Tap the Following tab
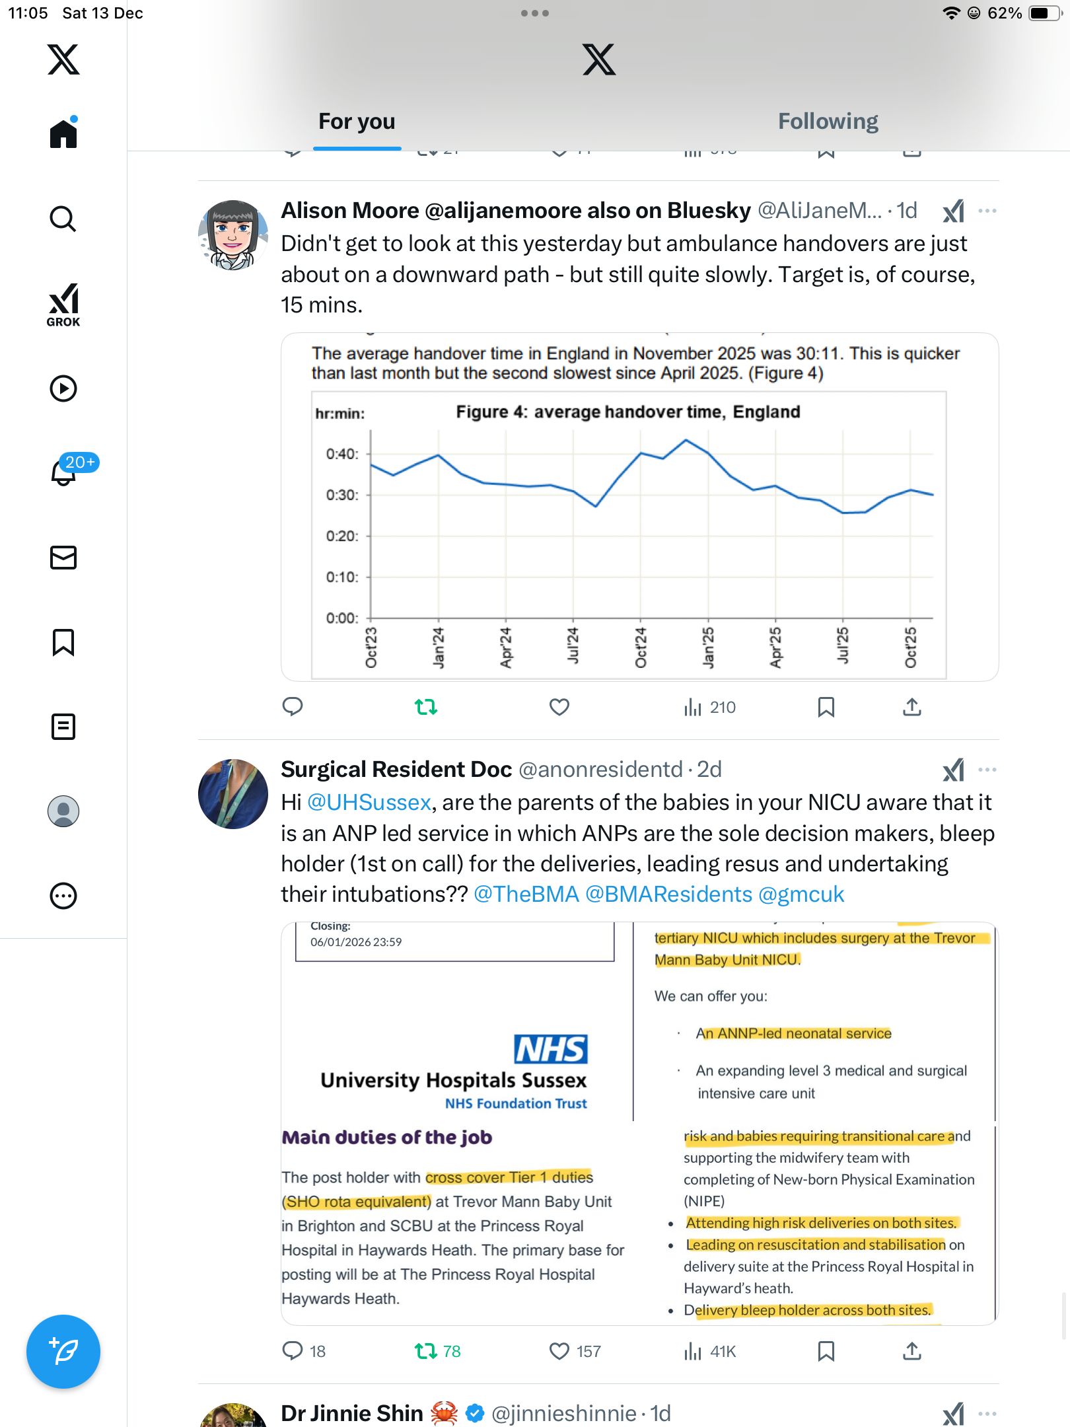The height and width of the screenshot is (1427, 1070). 828,122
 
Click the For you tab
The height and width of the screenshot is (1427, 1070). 357,122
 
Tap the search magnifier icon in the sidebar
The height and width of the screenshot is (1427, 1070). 63,219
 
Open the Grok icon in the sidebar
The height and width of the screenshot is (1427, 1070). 63,305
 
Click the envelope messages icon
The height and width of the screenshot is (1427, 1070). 63,558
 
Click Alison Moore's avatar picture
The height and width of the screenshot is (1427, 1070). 233,235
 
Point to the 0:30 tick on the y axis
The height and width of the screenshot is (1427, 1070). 342,495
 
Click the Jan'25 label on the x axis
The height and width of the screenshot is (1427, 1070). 708,648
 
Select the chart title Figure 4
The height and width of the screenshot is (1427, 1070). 627,412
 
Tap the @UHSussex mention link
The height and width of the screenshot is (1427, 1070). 369,802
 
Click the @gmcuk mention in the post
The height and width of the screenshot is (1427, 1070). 801,894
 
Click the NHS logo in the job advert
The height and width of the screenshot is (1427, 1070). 551,1049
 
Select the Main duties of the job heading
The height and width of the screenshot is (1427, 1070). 387,1137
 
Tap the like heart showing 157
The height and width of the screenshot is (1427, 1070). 559,1352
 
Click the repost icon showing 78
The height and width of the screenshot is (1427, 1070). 426,1352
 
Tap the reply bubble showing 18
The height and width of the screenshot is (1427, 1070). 293,1352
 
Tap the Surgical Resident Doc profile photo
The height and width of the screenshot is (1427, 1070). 233,794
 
